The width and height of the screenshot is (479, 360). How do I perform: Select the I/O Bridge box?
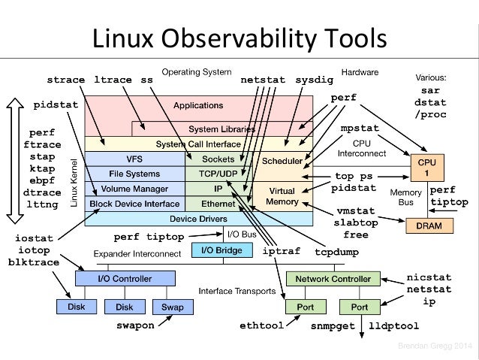218,250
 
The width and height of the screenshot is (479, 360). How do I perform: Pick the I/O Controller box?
125,279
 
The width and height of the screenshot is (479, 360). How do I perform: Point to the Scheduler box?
282,161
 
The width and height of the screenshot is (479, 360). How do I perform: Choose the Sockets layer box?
218,159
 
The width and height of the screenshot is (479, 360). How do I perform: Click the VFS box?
134,159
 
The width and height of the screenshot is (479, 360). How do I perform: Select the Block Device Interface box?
134,204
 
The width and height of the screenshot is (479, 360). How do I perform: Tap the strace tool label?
66,79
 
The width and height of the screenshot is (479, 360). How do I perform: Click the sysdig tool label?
313,79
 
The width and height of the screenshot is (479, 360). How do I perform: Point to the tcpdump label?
335,252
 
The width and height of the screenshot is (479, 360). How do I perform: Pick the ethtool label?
261,327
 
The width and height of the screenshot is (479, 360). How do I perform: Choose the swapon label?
135,326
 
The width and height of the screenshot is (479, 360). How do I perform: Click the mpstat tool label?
360,129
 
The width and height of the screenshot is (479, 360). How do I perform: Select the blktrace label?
35,262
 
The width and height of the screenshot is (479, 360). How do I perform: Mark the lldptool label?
394,327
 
